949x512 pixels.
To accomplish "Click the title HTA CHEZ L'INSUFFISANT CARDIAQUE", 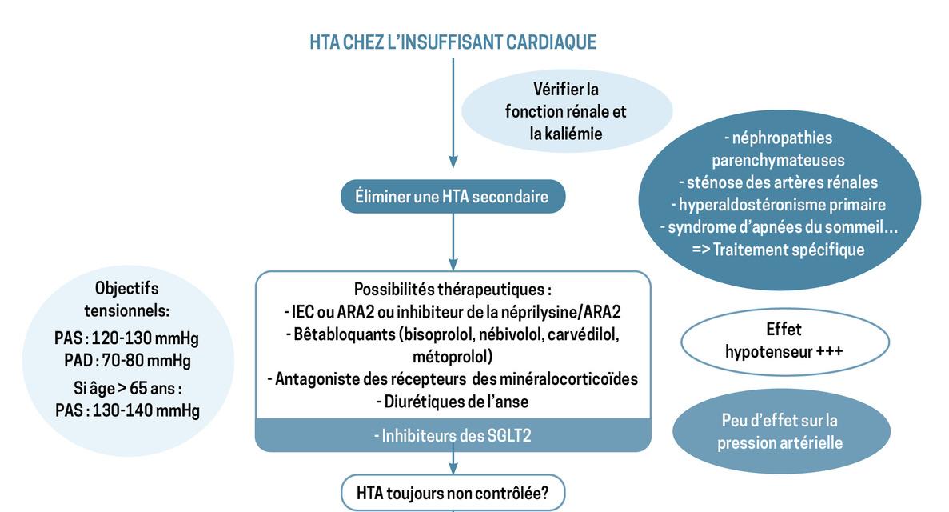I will (453, 42).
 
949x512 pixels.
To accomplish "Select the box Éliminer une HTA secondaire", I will (453, 196).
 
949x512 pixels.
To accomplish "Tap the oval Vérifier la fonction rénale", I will (565, 111).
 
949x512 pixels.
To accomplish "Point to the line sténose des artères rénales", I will (777, 182).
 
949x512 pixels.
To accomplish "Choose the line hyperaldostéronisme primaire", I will (777, 205).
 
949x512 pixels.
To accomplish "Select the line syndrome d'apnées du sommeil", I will (777, 227).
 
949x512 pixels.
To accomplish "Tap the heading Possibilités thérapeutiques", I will (453, 289).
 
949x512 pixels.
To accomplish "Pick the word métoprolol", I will (453, 355).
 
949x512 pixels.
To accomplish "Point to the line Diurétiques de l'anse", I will (453, 401).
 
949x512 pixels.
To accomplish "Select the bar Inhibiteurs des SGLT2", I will (453, 435).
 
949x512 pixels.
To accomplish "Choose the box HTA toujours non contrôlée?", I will (453, 493).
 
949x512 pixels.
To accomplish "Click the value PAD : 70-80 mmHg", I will (127, 361).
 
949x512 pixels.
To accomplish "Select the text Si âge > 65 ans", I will (127, 390).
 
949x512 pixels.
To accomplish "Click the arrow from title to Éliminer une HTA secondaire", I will (453, 112).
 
